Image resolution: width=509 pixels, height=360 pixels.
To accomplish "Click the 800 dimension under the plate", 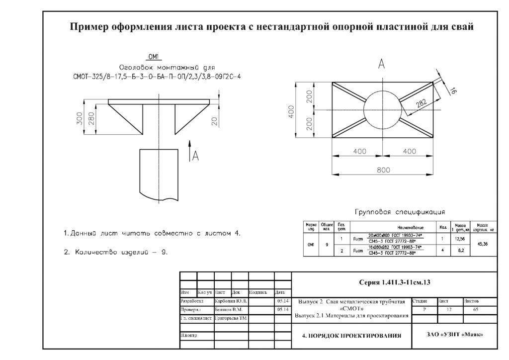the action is (383, 170).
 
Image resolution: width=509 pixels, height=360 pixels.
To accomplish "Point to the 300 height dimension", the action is (80, 119).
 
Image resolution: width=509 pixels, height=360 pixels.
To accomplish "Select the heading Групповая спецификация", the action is (400, 212).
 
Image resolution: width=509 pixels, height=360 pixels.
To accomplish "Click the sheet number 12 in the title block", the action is (449, 310).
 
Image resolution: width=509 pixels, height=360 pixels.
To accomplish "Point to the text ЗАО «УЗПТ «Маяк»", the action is (454, 334).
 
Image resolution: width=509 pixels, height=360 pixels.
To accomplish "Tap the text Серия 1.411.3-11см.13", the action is (394, 282).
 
